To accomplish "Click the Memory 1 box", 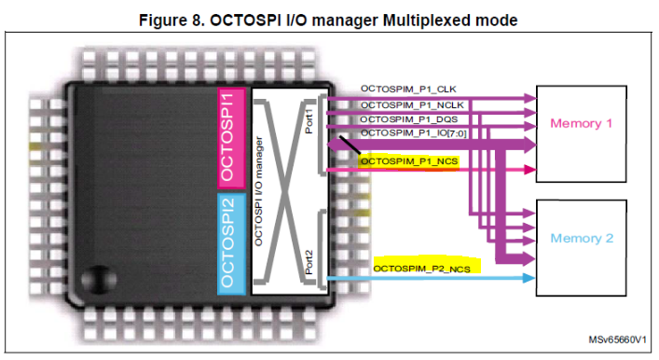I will pyautogui.click(x=582, y=124).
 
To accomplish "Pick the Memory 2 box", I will pyautogui.click(x=582, y=239).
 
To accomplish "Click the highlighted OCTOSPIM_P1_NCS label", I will pyautogui.click(x=408, y=160).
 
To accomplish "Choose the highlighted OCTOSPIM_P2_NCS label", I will pyautogui.click(x=421, y=269).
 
